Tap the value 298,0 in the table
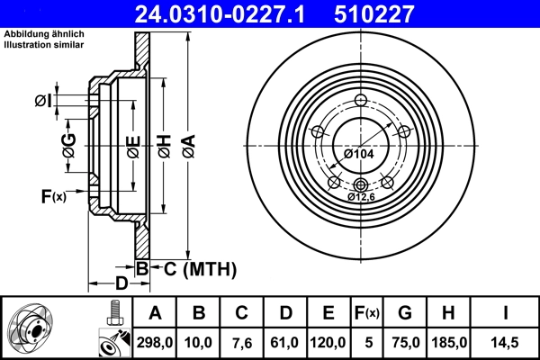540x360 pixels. [x=154, y=342]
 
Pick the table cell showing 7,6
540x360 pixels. [x=241, y=342]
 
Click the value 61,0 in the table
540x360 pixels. [x=285, y=342]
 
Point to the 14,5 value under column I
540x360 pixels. [x=506, y=342]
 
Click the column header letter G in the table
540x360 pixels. [x=405, y=313]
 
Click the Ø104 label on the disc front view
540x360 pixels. [x=357, y=155]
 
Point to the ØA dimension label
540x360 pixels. [x=186, y=144]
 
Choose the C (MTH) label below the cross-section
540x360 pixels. [x=193, y=268]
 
